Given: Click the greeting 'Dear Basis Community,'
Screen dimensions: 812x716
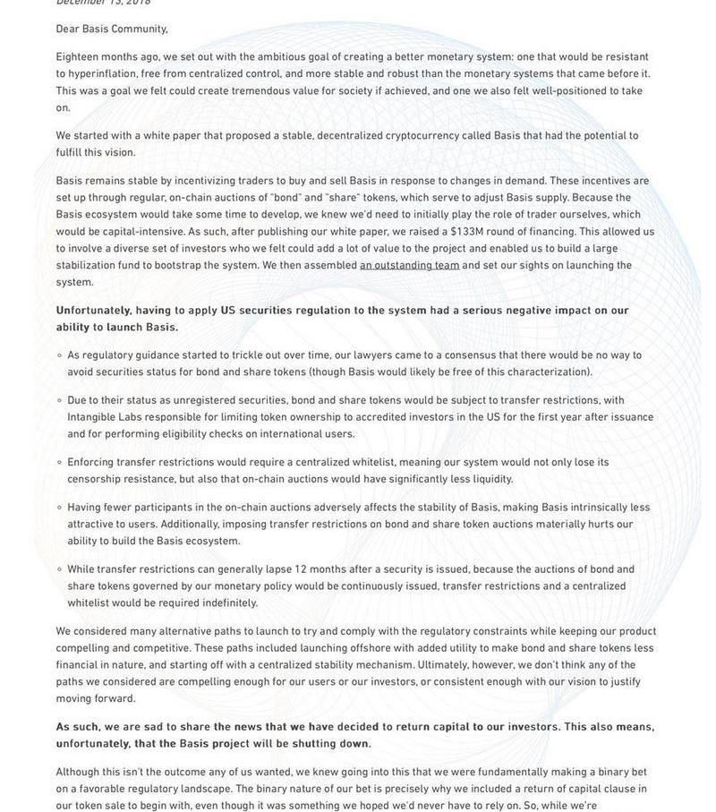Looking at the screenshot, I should point(112,30).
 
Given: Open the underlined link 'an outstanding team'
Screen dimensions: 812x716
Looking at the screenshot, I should point(409,266).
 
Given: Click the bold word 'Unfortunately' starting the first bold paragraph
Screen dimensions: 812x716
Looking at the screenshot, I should point(93,311).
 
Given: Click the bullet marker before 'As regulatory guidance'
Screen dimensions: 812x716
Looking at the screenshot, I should point(59,355).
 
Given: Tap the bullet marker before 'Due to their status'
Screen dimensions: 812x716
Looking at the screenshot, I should point(59,400).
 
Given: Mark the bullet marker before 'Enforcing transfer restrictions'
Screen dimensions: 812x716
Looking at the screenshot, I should point(59,462).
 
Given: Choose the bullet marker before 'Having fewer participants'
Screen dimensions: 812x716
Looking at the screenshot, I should point(59,507).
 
